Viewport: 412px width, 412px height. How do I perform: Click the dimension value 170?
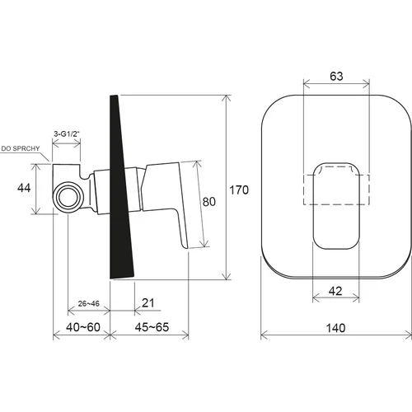[x=239, y=190]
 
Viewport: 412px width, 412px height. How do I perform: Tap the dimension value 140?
[x=335, y=328]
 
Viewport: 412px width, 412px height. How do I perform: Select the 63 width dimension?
[x=336, y=77]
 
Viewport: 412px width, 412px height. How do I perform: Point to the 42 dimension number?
[x=335, y=291]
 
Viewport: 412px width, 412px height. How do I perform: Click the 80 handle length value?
[x=209, y=202]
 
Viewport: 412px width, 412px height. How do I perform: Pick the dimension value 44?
[x=24, y=188]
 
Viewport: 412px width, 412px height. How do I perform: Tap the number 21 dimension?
[x=148, y=303]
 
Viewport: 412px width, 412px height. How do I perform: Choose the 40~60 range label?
[x=83, y=327]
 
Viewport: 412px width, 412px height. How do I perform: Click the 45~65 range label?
[x=152, y=327]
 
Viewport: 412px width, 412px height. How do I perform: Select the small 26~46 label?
[x=89, y=304]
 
